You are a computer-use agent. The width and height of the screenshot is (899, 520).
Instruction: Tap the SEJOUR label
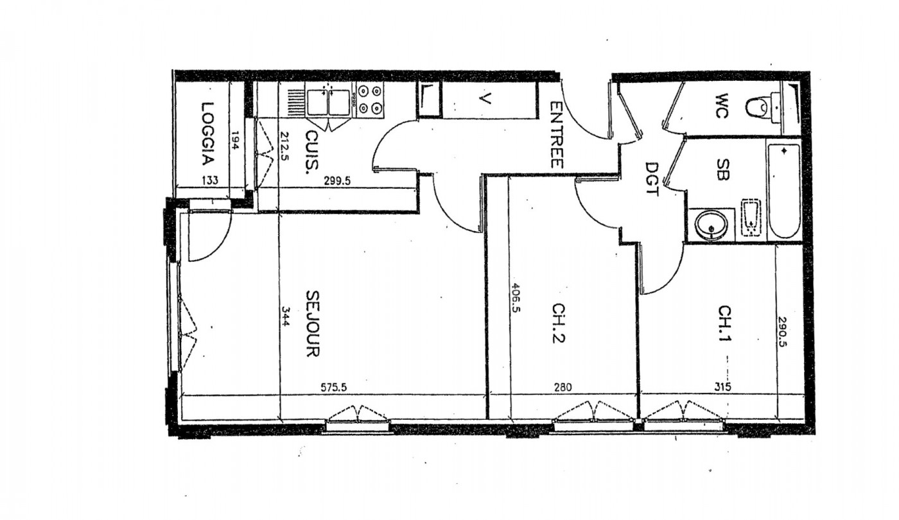[x=313, y=324]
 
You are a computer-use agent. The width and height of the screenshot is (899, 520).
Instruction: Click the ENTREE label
[x=556, y=135]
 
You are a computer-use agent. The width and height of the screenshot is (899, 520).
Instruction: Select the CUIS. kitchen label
[x=313, y=153]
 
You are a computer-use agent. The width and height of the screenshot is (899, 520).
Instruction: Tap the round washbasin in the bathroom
[x=711, y=225]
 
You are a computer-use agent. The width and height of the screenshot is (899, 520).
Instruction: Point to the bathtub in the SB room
[x=783, y=191]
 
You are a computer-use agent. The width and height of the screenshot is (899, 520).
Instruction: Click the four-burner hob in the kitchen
[x=370, y=100]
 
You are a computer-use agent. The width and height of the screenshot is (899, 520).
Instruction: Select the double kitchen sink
[x=327, y=103]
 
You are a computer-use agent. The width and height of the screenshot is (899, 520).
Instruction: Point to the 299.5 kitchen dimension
[x=336, y=182]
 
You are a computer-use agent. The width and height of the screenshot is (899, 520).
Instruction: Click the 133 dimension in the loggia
[x=210, y=182]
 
